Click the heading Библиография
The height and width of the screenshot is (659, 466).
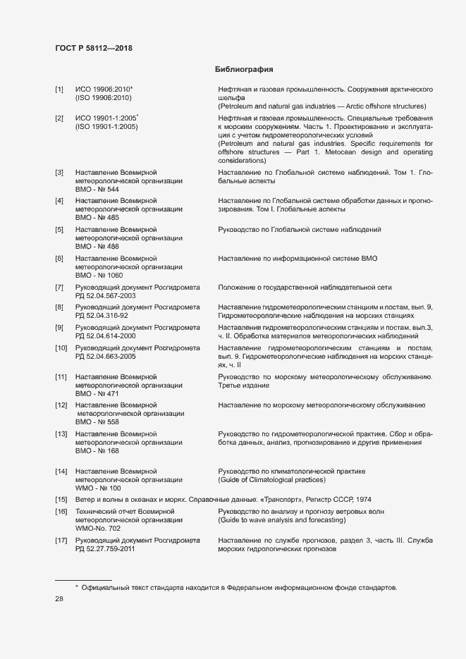pyautogui.click(x=243, y=70)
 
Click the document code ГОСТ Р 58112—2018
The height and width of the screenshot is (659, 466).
pyautogui.click(x=93, y=48)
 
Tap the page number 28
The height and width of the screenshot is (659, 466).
pyautogui.click(x=59, y=599)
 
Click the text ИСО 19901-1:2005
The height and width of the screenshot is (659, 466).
pyautogui.click(x=106, y=118)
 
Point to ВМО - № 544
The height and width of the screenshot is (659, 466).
pyautogui.click(x=97, y=190)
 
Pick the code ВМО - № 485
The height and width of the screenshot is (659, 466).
pyautogui.click(x=97, y=218)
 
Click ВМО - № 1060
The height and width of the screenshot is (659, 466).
pyautogui.click(x=99, y=275)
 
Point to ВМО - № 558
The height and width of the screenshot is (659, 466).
pyautogui.click(x=97, y=421)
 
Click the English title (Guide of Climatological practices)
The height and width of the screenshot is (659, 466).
pyautogui.click(x=271, y=479)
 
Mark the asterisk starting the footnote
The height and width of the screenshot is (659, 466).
pyautogui.click(x=77, y=586)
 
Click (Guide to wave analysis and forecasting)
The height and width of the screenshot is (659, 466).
pyautogui.click(x=282, y=519)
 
